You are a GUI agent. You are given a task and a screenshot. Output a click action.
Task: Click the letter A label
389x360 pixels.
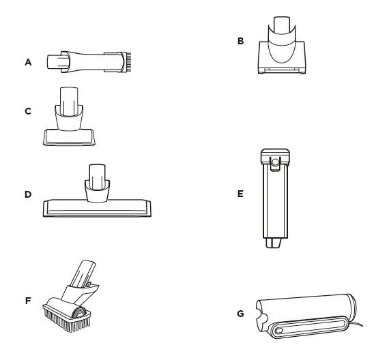[28, 61]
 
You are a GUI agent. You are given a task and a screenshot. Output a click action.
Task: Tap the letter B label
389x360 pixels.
[240, 42]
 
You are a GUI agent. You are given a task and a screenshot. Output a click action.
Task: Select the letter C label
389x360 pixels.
[28, 110]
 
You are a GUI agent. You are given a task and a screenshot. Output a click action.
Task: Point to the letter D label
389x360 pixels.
[28, 194]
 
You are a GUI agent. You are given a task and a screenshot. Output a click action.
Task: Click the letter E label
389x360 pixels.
[240, 194]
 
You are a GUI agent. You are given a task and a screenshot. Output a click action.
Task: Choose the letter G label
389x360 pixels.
[240, 315]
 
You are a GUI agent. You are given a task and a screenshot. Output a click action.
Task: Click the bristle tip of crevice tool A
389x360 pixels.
[124, 61]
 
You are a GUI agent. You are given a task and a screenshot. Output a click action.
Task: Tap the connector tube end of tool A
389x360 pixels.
[53, 61]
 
